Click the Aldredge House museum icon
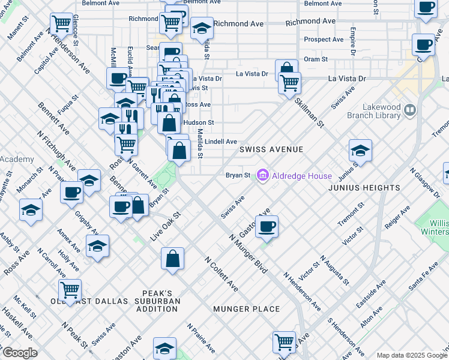pos(262,176)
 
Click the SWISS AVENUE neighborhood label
pos(271,149)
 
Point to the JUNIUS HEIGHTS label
pos(364,188)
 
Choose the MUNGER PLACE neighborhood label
pos(246,309)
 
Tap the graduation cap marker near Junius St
pos(360,150)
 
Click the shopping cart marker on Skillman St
pos(290,82)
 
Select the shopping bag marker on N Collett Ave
pos(172,259)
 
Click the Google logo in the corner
pos(20,353)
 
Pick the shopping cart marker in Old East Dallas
pos(70,290)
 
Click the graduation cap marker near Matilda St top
pos(202,28)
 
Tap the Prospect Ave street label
pos(324,40)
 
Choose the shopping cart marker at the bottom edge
pos(284,342)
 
